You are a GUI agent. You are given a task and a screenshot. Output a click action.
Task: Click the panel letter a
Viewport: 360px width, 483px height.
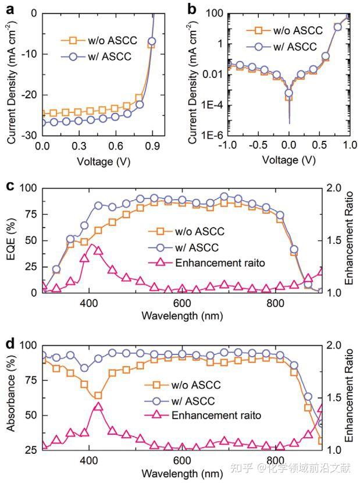click(10, 9)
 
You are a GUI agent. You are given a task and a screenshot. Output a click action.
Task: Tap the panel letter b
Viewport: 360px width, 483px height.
click(191, 9)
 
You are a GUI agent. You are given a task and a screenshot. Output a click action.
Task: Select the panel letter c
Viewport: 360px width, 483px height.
click(10, 186)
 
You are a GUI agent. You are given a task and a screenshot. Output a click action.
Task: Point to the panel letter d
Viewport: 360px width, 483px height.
click(10, 343)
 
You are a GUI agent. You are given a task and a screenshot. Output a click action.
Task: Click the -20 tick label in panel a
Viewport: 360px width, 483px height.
click(29, 95)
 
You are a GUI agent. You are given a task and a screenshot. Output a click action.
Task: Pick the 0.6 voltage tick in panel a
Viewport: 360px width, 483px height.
click(116, 145)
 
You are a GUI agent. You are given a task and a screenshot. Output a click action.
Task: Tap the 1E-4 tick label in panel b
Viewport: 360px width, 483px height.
click(213, 105)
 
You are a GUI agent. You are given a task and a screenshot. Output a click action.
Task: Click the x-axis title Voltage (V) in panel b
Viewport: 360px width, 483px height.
click(288, 159)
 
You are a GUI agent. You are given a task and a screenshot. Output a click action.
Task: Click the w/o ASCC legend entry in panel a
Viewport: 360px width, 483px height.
click(99, 40)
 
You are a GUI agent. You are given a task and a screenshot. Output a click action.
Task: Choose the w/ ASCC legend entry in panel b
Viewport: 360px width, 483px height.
click(281, 47)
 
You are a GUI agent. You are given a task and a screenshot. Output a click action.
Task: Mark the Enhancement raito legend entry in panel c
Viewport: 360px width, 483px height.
click(206, 263)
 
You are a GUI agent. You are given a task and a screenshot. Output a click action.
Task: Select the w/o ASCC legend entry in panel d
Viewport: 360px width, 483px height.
click(183, 385)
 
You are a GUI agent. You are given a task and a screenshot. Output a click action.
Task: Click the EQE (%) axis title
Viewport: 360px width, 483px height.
click(10, 240)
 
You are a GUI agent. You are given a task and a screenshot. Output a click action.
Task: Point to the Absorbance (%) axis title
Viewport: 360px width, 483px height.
click(10, 397)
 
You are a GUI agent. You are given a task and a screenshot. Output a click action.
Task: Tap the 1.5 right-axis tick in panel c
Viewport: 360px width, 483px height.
click(333, 240)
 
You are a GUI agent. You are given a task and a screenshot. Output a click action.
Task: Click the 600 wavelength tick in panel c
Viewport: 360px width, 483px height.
click(182, 303)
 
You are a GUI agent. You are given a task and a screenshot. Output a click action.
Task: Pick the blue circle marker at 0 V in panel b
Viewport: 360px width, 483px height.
click(288, 93)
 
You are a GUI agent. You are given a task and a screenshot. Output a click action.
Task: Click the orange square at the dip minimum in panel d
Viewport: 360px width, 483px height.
click(98, 396)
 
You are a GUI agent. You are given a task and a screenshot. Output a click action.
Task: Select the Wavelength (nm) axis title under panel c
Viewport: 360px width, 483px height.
click(182, 316)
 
